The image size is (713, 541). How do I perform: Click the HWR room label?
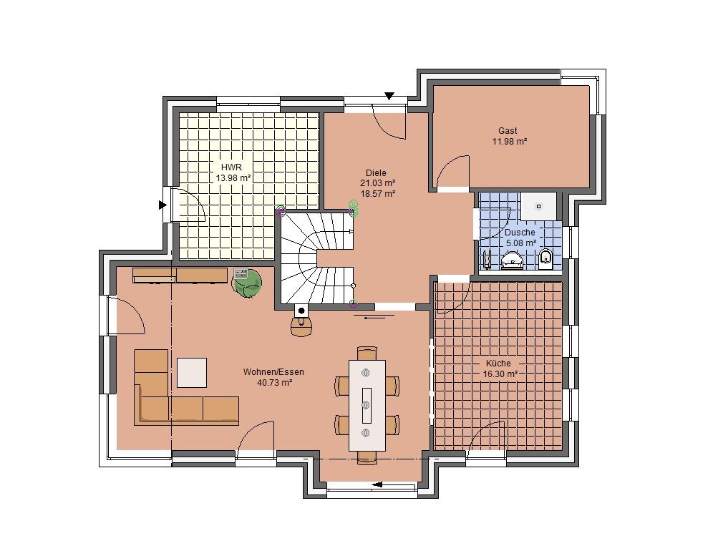coord(231,167)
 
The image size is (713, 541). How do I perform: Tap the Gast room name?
coord(508,130)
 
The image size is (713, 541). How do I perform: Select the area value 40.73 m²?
coord(275,383)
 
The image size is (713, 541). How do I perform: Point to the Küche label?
coord(498,364)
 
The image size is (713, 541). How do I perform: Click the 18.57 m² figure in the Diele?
coord(378,194)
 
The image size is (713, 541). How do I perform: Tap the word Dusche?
coord(520,233)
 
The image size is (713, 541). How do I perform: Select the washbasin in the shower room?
coord(512,261)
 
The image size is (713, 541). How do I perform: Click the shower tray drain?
coord(539,206)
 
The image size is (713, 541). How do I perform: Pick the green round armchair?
coord(247,283)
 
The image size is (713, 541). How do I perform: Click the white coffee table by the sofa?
coord(192,373)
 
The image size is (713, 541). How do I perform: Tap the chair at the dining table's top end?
coord(367,353)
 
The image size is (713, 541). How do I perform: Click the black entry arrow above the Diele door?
coord(389,96)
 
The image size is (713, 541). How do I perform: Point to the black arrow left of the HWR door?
coord(163,205)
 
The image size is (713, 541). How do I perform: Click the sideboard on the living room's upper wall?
coord(180,276)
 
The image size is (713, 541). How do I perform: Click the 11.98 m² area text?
coord(509,142)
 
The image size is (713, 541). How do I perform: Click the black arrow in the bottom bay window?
coord(377,484)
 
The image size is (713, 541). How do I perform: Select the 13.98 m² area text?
coord(233,178)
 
